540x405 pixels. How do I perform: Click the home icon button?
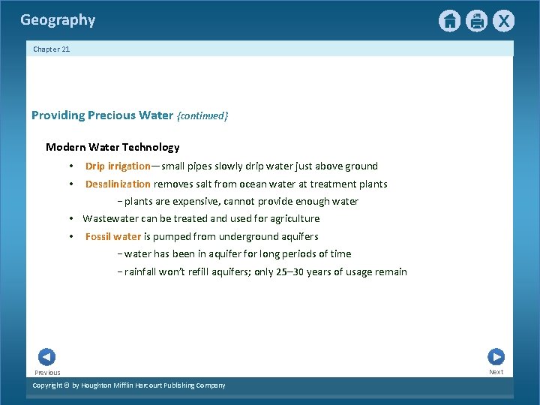(449, 21)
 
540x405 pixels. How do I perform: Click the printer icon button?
(476, 21)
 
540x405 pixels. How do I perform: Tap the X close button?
(503, 21)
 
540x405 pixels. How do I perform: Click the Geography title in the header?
(58, 20)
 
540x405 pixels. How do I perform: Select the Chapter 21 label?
(51, 49)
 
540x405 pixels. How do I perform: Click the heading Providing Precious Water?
(102, 115)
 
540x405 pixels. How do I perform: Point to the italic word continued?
(202, 116)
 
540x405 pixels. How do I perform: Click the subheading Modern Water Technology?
(112, 148)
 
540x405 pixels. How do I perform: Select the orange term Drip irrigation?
(118, 166)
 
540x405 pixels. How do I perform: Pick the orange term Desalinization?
(118, 184)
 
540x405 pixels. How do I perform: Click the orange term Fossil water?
(113, 237)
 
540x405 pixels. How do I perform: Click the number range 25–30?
(290, 272)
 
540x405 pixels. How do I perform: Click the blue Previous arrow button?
(46, 357)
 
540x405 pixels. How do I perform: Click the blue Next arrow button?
(496, 357)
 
